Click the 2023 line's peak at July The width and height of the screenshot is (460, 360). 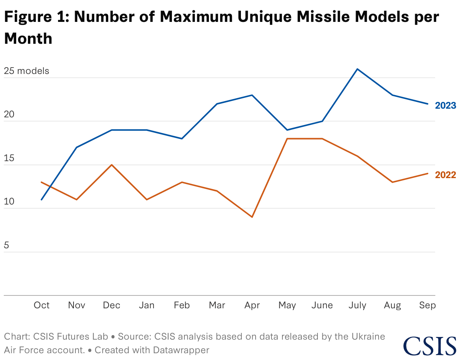click(x=357, y=69)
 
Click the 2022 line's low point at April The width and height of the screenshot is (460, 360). click(x=252, y=217)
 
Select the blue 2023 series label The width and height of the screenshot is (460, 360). click(x=446, y=106)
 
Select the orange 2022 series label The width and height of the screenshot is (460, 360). click(x=446, y=175)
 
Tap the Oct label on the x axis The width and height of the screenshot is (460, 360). click(x=41, y=305)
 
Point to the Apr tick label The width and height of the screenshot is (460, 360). click(x=252, y=305)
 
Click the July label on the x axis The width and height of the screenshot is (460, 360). click(x=357, y=305)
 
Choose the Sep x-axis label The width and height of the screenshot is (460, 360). click(x=428, y=305)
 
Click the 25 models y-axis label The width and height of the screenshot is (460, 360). click(x=27, y=71)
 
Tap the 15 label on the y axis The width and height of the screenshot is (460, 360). click(x=9, y=158)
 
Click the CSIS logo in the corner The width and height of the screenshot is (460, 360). click(x=429, y=346)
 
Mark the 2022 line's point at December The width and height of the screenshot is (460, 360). click(x=112, y=165)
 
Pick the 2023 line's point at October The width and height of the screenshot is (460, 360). click(x=41, y=200)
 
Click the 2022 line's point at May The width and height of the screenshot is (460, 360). click(x=287, y=139)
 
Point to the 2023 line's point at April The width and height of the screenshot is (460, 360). click(x=252, y=95)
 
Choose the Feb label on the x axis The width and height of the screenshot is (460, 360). click(x=182, y=305)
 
